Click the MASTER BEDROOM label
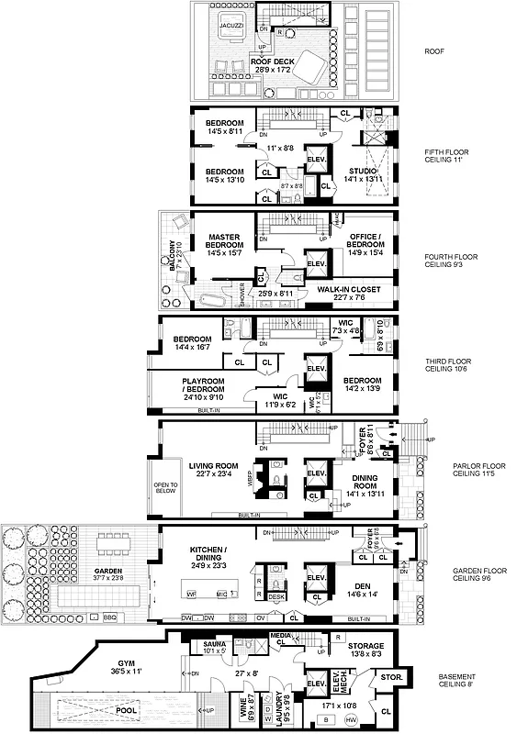point(223,242)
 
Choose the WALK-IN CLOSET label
point(349,288)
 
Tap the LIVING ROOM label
point(214,465)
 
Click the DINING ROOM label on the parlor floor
point(366,483)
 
